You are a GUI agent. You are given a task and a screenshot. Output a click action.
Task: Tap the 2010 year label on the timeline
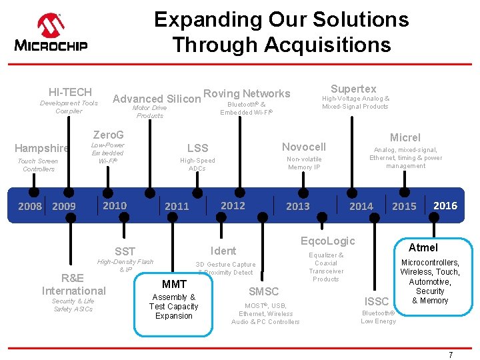[x=115, y=205]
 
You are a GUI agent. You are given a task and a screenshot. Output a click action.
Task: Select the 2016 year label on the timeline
[x=445, y=205]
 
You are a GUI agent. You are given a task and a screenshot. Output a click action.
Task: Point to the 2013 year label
[x=297, y=206]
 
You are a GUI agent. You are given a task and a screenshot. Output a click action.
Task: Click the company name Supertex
[x=353, y=89]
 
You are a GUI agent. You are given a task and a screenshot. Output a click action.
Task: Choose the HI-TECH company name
[x=70, y=92]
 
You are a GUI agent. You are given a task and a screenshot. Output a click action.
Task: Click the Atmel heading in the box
[x=423, y=247]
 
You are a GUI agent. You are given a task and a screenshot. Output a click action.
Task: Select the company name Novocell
[x=304, y=147]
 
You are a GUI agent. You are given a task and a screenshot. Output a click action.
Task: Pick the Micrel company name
[x=405, y=137]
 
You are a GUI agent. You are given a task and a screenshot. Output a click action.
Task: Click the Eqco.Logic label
[x=328, y=241]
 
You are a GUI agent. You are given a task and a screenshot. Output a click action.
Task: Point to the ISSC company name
[x=377, y=301]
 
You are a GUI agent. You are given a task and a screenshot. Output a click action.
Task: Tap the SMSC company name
[x=263, y=291]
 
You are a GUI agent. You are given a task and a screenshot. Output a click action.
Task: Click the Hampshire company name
[x=41, y=148]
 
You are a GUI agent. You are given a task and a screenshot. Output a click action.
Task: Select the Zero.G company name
[x=108, y=135]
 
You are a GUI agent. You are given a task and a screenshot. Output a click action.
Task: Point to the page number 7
[x=450, y=355]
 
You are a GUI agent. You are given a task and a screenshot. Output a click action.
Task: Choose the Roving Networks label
[x=247, y=94]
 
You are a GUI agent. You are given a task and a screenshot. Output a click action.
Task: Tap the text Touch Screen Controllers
[x=38, y=165]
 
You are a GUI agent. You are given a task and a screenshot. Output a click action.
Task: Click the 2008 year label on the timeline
[x=30, y=206]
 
